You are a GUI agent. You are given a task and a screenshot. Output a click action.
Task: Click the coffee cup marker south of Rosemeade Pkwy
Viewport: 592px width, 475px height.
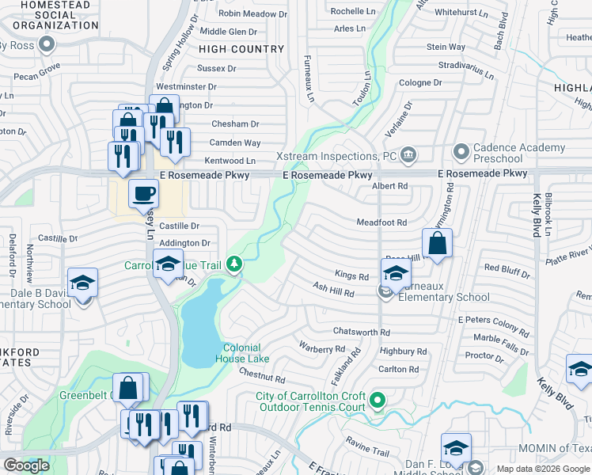pyautogui.click(x=144, y=193)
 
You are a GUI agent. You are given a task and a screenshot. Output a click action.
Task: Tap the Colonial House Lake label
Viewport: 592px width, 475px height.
pyautogui.click(x=241, y=353)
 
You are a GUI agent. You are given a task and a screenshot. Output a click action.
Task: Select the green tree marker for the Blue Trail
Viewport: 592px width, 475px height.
pyautogui.click(x=233, y=263)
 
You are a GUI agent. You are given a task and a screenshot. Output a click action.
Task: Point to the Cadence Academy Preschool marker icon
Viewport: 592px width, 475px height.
pyautogui.click(x=461, y=150)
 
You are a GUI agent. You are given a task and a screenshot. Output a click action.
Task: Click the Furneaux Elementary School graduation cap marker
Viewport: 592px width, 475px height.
pyautogui.click(x=396, y=273)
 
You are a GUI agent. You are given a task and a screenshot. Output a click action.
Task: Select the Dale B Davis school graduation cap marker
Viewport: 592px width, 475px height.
pyautogui.click(x=82, y=283)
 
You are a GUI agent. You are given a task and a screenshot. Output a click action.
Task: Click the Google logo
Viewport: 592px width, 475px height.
pyautogui.click(x=26, y=465)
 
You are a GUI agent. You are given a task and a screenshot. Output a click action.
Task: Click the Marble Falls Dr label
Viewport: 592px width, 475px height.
pyautogui.click(x=503, y=338)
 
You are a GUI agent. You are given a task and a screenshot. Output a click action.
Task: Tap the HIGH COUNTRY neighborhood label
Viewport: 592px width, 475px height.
pyautogui.click(x=247, y=49)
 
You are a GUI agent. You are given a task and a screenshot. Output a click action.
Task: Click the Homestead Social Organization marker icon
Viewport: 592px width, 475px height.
pyautogui.click(x=47, y=45)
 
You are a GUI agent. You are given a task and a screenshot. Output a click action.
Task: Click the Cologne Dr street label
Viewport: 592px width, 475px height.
pyautogui.click(x=420, y=82)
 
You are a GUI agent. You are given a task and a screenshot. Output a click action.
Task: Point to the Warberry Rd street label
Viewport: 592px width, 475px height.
pyautogui.click(x=321, y=348)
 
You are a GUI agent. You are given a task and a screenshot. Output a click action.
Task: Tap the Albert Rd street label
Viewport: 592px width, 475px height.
pyautogui.click(x=389, y=186)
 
